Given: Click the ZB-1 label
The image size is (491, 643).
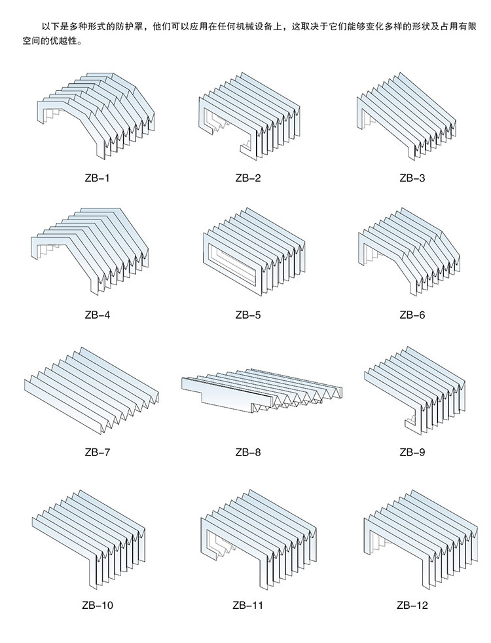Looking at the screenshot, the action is [x=97, y=178].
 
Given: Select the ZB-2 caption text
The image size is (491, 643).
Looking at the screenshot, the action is [x=247, y=178].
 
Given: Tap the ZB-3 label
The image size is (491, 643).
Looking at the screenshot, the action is [x=412, y=178].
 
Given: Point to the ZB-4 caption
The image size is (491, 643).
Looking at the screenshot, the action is [x=97, y=315].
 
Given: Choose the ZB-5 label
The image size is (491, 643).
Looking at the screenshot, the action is [x=247, y=315].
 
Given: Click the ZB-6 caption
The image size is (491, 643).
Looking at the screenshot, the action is [x=412, y=315].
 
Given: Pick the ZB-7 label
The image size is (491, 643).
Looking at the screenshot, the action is [x=97, y=452].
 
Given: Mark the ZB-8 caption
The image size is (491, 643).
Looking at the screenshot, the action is [x=247, y=452].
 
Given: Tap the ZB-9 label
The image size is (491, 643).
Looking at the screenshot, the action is [x=412, y=452].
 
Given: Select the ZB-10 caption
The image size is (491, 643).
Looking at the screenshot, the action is [x=97, y=605].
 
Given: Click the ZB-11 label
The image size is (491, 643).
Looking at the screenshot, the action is [x=247, y=605].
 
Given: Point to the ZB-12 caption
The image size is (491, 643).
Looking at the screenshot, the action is [x=412, y=605].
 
